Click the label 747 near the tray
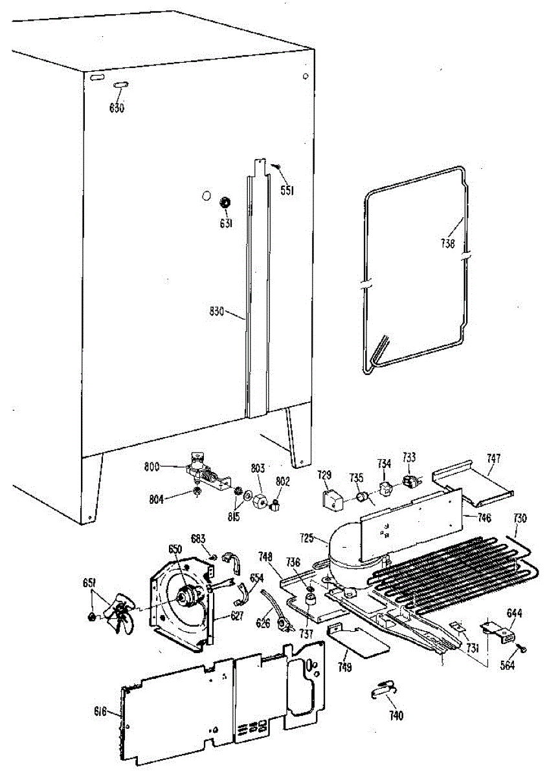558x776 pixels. pos(494,458)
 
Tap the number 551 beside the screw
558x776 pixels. pos(288,189)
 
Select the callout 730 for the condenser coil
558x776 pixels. pos(520,518)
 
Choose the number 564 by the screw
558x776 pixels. pos(507,665)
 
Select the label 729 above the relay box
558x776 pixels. pos(324,475)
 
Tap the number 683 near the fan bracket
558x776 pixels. pos(198,538)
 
